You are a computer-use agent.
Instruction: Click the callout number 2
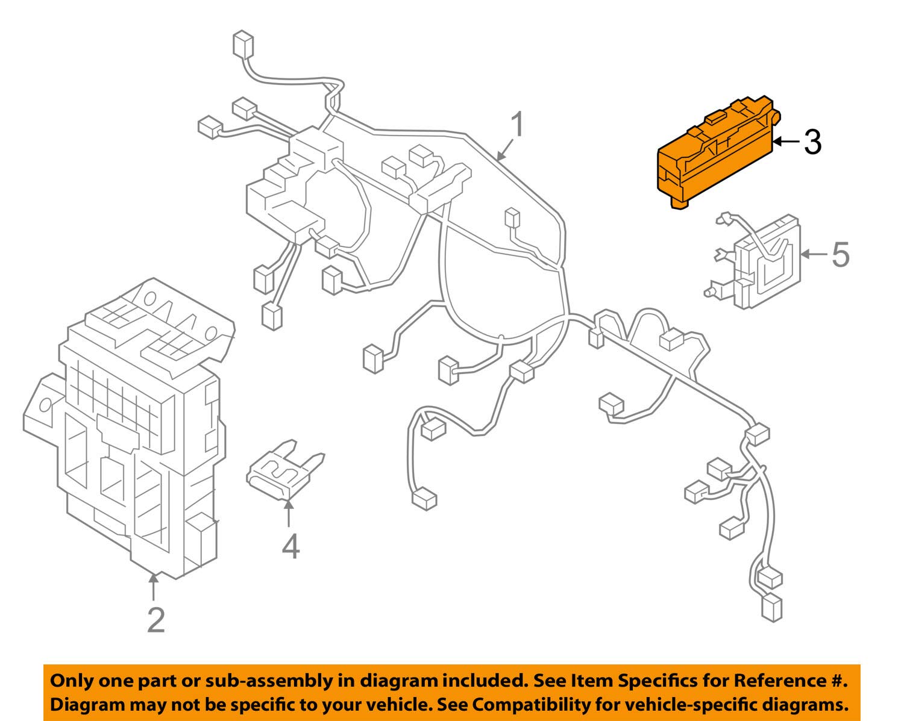[155, 620]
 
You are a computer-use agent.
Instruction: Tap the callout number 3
[812, 142]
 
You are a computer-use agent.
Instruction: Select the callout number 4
[290, 546]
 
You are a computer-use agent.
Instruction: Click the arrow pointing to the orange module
[785, 142]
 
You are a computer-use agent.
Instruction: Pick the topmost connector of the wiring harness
[242, 46]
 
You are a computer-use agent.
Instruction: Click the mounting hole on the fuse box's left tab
[44, 404]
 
